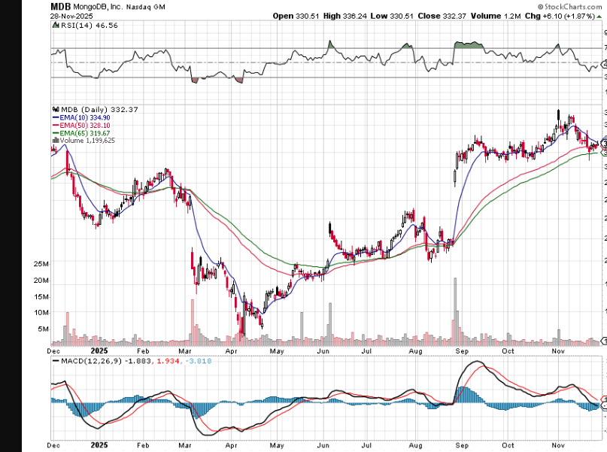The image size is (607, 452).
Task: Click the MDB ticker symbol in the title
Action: click(61, 6)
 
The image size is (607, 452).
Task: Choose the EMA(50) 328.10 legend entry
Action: click(81, 126)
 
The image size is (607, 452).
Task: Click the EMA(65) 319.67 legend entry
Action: click(81, 133)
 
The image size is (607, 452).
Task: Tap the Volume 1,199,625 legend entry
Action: click(84, 141)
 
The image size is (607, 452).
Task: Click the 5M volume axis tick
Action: click(43, 329)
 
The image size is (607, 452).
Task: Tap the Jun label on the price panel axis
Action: click(325, 350)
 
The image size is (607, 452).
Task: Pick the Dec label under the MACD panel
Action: click(54, 445)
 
